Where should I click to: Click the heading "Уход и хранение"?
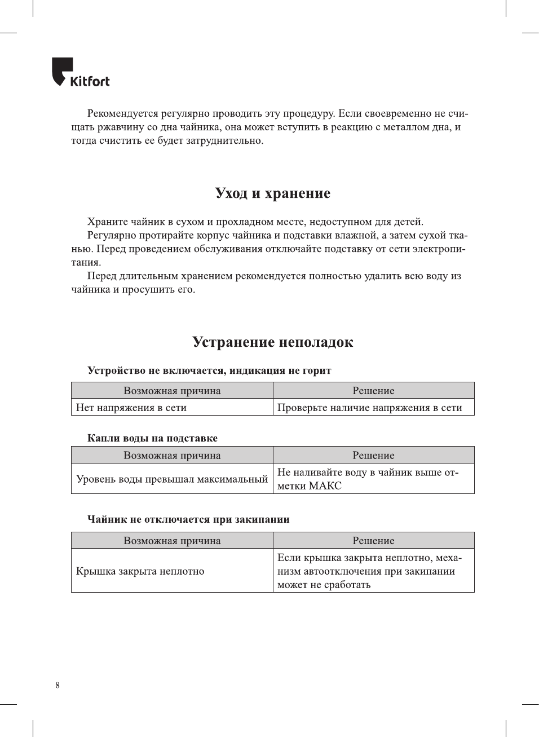[272, 193]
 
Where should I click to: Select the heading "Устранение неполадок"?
[272, 342]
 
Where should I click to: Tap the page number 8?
[58, 685]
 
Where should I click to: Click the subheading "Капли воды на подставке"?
[152, 438]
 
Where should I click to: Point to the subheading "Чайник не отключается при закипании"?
[188, 519]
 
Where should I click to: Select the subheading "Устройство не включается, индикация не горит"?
[209, 370]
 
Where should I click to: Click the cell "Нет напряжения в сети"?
[131, 408]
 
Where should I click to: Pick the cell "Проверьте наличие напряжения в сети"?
[369, 408]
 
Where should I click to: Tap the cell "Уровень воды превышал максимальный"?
[172, 479]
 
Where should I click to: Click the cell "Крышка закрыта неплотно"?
[140, 571]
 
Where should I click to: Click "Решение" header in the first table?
[373, 391]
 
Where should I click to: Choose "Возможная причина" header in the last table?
[172, 541]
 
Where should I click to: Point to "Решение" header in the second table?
[373, 456]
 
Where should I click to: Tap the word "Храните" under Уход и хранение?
[107, 222]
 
